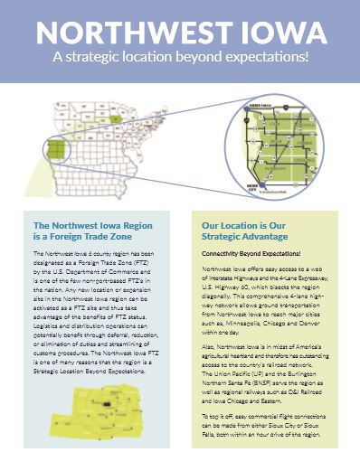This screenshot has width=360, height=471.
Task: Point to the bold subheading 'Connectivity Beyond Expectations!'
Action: click(x=250, y=255)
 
